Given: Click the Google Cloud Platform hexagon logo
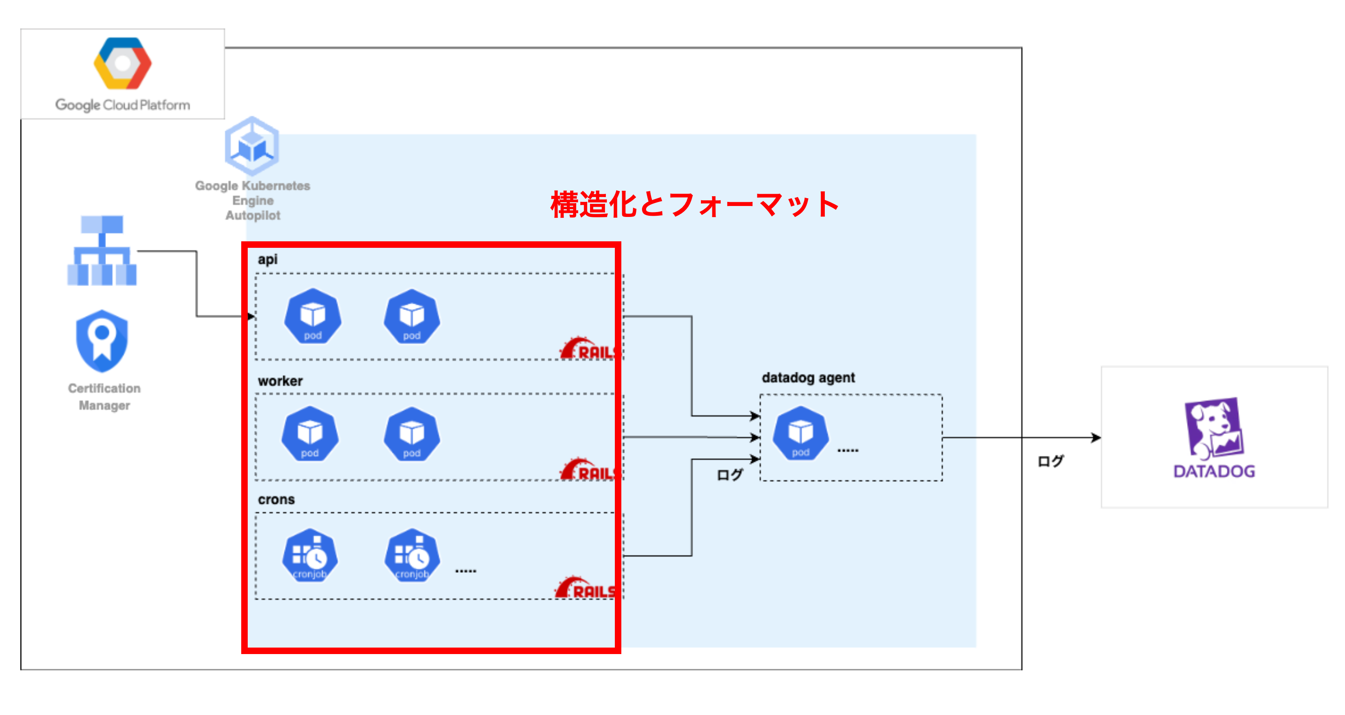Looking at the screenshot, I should coord(123,63).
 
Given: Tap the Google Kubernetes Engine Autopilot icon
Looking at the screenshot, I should coord(252,146).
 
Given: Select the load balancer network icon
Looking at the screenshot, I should coord(102,251).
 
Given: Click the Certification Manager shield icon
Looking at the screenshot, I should coord(102,340).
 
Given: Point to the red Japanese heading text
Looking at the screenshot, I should coord(694,205).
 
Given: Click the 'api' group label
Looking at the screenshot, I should coord(267,260).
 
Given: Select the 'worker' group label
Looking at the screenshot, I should coord(280,381).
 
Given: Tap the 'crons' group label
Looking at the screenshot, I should coord(276,500).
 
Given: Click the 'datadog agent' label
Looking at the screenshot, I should coord(808,377).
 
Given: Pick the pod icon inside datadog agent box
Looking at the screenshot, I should coord(800,433).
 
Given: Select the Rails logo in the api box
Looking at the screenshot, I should coord(589,349).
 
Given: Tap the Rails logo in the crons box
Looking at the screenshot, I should coord(585,588).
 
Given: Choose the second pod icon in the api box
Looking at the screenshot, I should coord(412,316).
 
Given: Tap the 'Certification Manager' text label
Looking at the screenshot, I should coord(104,397).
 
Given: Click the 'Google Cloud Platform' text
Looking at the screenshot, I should coord(123,105).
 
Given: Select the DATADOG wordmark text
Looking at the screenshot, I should coord(1214,472).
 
